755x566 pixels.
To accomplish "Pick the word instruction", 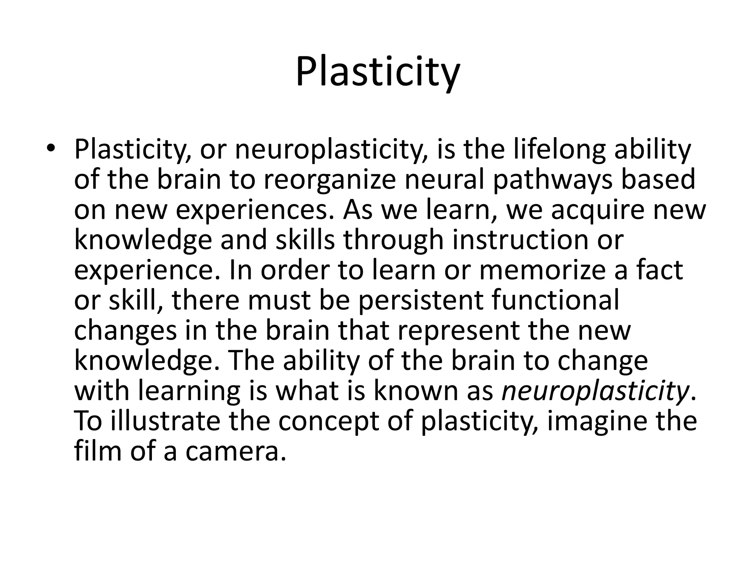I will (519, 240).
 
